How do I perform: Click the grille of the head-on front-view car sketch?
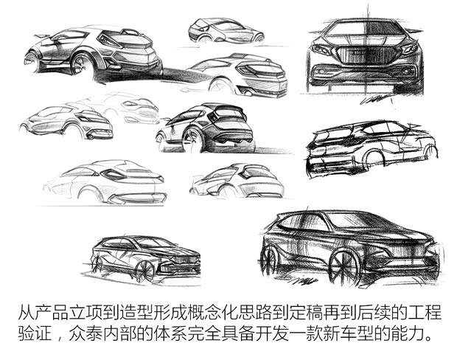(x=366, y=55)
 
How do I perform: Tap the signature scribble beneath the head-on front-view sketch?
(x=375, y=99)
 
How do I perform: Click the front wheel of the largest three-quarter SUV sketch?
(x=345, y=266)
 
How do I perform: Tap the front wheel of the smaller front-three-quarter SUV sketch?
(x=144, y=269)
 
